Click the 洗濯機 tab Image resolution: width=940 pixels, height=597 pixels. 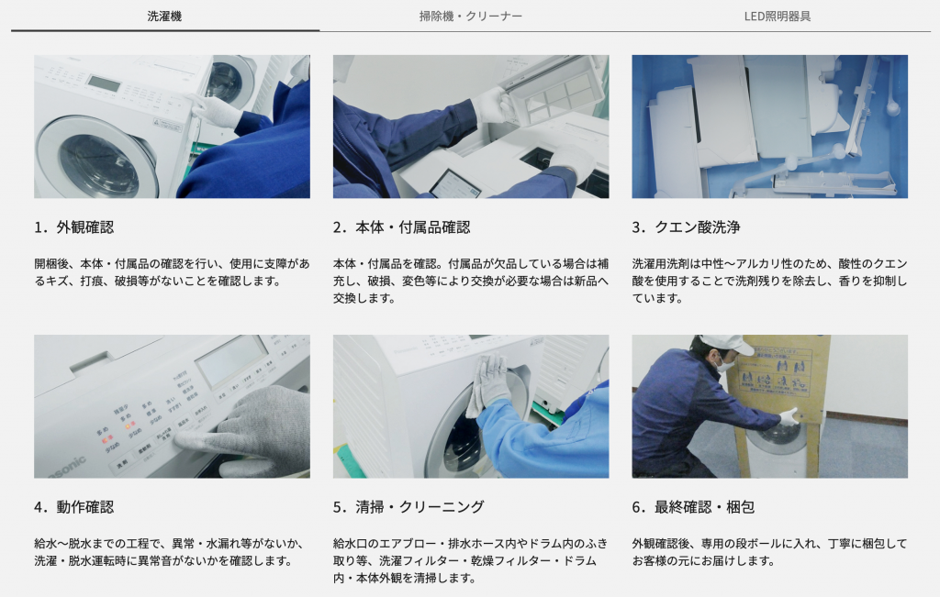pyautogui.click(x=165, y=17)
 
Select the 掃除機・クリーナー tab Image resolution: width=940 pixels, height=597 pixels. pyautogui.click(x=471, y=17)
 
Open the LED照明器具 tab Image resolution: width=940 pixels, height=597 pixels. pyautogui.click(x=778, y=17)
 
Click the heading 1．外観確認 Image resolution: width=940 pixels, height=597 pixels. pyautogui.click(x=74, y=227)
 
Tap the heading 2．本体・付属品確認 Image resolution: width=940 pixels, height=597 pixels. pyautogui.click(x=402, y=227)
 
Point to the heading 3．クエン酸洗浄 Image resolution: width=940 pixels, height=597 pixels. pyautogui.click(x=687, y=227)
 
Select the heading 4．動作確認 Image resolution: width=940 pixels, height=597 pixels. pyautogui.click(x=74, y=507)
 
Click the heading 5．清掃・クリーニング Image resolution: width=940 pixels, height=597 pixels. pyautogui.click(x=408, y=507)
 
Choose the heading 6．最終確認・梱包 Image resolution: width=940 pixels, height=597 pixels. pyautogui.click(x=694, y=507)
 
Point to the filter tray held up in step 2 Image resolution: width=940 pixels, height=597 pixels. pyautogui.click(x=552, y=90)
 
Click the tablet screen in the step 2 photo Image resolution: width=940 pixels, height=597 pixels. pyautogui.click(x=455, y=183)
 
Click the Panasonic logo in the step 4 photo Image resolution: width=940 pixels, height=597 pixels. pyautogui.click(x=67, y=467)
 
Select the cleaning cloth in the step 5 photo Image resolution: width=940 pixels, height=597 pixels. pyautogui.click(x=488, y=383)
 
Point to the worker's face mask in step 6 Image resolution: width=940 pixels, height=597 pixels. pyautogui.click(x=727, y=364)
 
